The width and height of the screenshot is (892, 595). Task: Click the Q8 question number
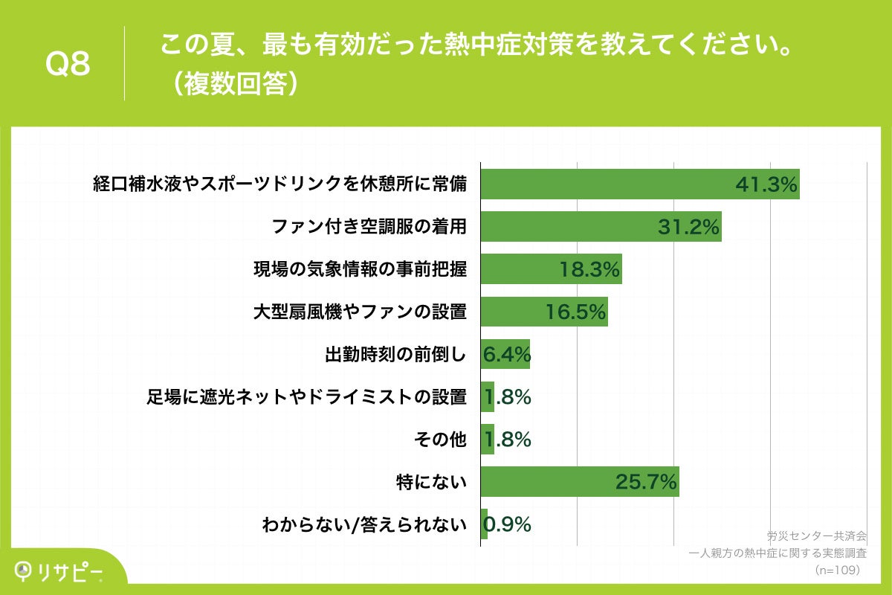[x=68, y=65]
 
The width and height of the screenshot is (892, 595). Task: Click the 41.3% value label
[x=766, y=184]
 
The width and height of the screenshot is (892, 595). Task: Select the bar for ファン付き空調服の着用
[x=601, y=227]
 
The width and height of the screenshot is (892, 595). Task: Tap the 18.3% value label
[x=589, y=270]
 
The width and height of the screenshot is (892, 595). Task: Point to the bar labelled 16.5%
[x=544, y=312]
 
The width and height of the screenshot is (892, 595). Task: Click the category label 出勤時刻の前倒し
[x=395, y=355]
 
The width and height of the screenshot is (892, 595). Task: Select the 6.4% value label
[x=506, y=355]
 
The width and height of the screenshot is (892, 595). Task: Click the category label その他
[x=440, y=440]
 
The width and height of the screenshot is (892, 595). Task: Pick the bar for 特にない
[x=580, y=482]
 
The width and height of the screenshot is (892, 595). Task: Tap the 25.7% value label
[x=646, y=483]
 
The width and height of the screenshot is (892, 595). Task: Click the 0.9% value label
[x=508, y=525]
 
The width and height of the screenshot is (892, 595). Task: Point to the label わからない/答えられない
[x=364, y=525]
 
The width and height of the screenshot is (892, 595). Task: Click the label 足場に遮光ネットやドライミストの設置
[x=306, y=397]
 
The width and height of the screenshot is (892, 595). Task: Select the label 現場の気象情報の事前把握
[x=360, y=270]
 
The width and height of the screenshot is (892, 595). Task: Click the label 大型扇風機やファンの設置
[x=360, y=312]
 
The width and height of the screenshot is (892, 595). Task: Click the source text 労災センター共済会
[x=816, y=535]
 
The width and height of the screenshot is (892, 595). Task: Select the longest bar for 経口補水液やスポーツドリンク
[x=639, y=184]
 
